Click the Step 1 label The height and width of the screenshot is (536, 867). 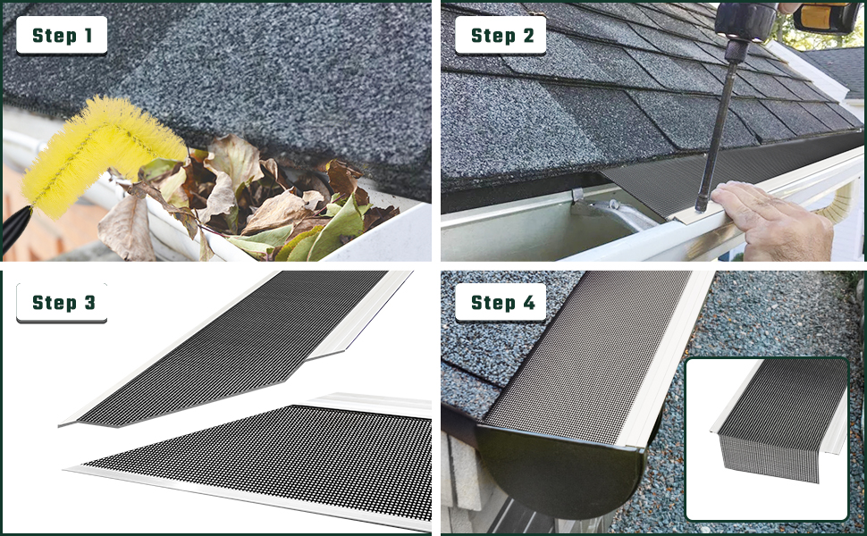62,36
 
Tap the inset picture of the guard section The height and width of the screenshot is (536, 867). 767,438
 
